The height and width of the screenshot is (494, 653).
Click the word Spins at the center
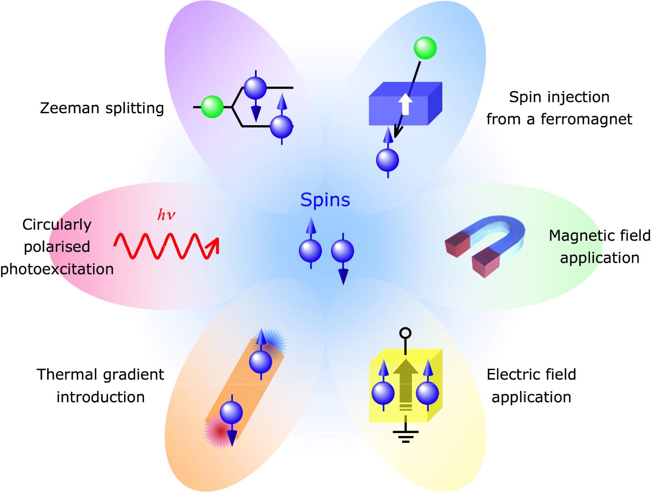pos(325,200)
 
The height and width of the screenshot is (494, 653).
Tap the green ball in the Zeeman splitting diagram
pos(212,107)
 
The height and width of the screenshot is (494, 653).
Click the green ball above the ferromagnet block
pos(425,48)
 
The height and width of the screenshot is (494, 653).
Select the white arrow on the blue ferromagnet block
pos(405,104)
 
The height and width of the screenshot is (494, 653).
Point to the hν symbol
pos(166,214)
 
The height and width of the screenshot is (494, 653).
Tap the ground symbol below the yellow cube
pos(405,436)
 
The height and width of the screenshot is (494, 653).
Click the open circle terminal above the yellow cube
pos(405,333)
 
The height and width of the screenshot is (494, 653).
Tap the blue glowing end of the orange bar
pos(272,343)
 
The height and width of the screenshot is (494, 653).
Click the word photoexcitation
pos(57,269)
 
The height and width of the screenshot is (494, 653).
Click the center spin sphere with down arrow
pos(342,251)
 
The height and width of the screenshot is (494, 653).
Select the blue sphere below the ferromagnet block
pos(388,160)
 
